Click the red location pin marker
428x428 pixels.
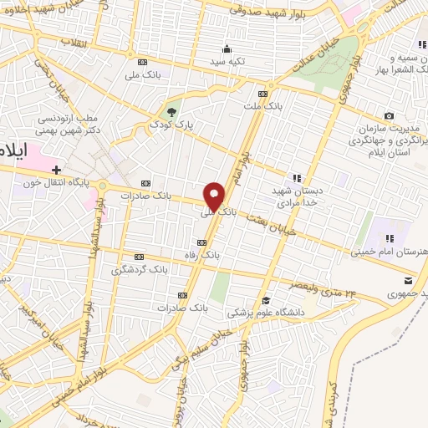point(215,196)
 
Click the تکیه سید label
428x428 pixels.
point(227,62)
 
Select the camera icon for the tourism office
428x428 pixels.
point(389,116)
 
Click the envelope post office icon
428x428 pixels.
point(408,278)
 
